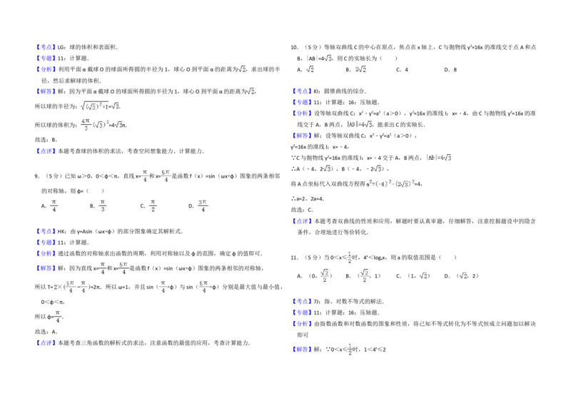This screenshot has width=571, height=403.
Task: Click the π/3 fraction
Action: pyautogui.click(x=103, y=205)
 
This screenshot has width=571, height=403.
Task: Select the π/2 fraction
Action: pyautogui.click(x=153, y=205)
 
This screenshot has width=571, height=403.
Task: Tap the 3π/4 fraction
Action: pyautogui.click(x=203, y=205)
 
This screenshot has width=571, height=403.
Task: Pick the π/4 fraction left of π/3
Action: pyautogui.click(x=54, y=205)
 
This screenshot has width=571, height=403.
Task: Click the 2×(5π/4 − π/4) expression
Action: pyautogui.click(x=71, y=288)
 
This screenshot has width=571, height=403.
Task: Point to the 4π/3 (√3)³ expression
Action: pyautogui.click(x=102, y=125)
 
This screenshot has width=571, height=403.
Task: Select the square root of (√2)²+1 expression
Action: pyautogui.click(x=99, y=105)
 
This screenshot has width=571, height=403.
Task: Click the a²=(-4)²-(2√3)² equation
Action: pyautogui.click(x=390, y=183)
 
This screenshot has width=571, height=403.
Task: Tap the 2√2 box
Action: pyautogui.click(x=362, y=68)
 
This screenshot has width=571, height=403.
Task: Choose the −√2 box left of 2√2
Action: pyautogui.click(x=308, y=68)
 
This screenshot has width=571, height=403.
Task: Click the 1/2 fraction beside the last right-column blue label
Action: pyautogui.click(x=348, y=350)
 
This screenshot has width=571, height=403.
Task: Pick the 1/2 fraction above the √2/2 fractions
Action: pyautogui.click(x=348, y=257)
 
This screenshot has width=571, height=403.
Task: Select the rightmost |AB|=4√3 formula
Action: pyautogui.click(x=437, y=157)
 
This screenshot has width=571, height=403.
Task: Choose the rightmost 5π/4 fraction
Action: pyautogui.click(x=203, y=288)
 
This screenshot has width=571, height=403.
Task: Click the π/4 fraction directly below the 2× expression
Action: pyautogui.click(x=57, y=317)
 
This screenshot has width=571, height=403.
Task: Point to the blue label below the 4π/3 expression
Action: pyautogui.click(x=46, y=149)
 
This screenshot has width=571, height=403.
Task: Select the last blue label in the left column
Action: pyautogui.click(x=46, y=343)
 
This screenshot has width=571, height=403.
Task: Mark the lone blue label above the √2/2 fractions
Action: pyautogui.click(x=302, y=222)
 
